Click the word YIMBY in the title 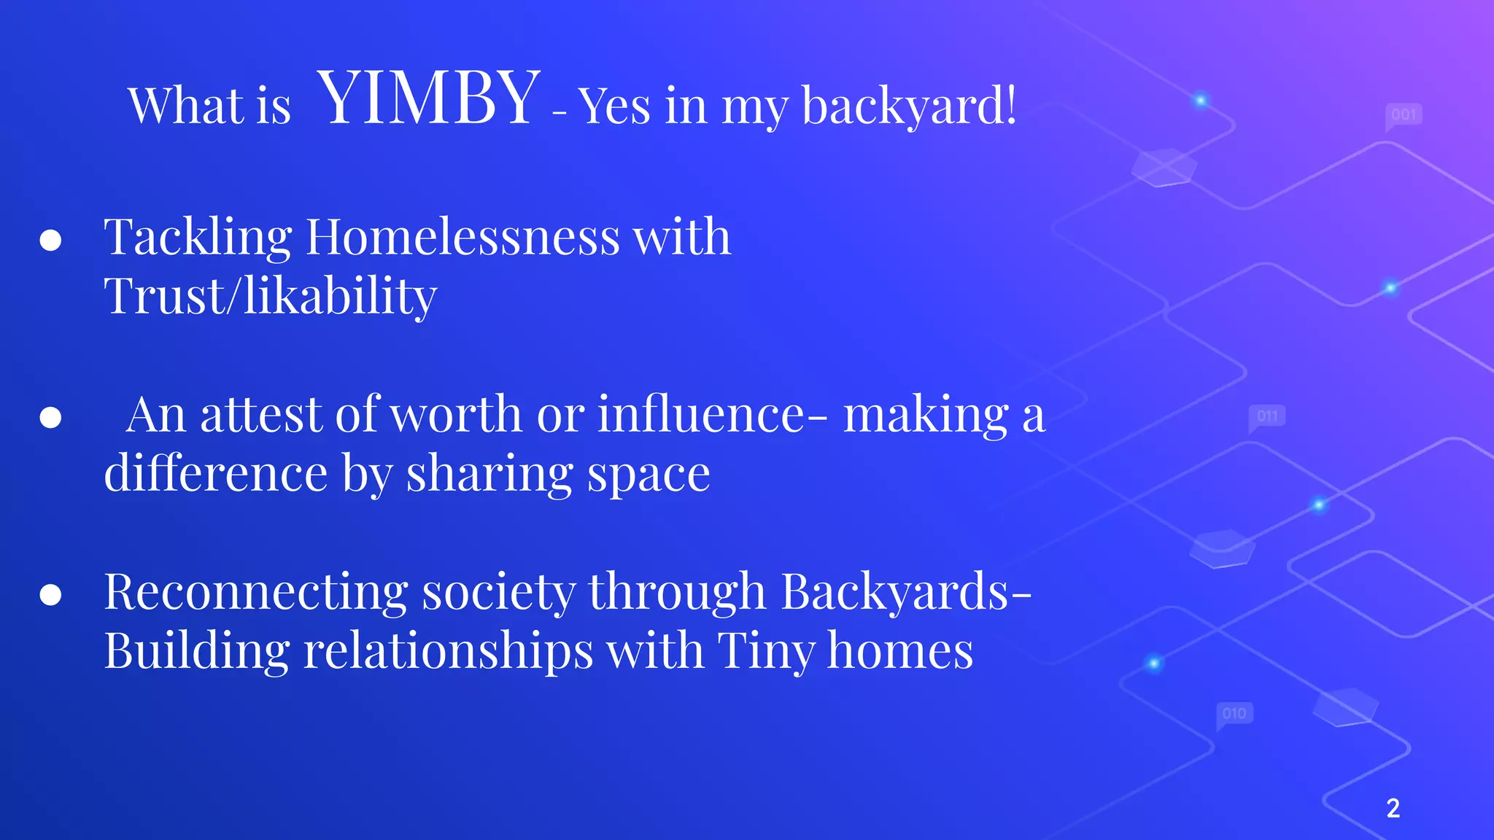pyautogui.click(x=429, y=98)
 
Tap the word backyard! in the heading pyautogui.click(x=909, y=106)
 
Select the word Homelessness pyautogui.click(x=462, y=238)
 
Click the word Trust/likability pyautogui.click(x=270, y=297)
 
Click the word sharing pyautogui.click(x=489, y=474)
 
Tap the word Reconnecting pyautogui.click(x=255, y=592)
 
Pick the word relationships pyautogui.click(x=448, y=651)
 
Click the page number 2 pyautogui.click(x=1393, y=808)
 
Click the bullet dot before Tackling pyautogui.click(x=50, y=241)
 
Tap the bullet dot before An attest pyautogui.click(x=50, y=417)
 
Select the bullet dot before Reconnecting pyautogui.click(x=50, y=594)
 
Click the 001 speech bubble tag pyautogui.click(x=1403, y=115)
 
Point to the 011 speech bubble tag pyautogui.click(x=1267, y=416)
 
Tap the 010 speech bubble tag pyautogui.click(x=1234, y=713)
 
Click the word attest pyautogui.click(x=261, y=414)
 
